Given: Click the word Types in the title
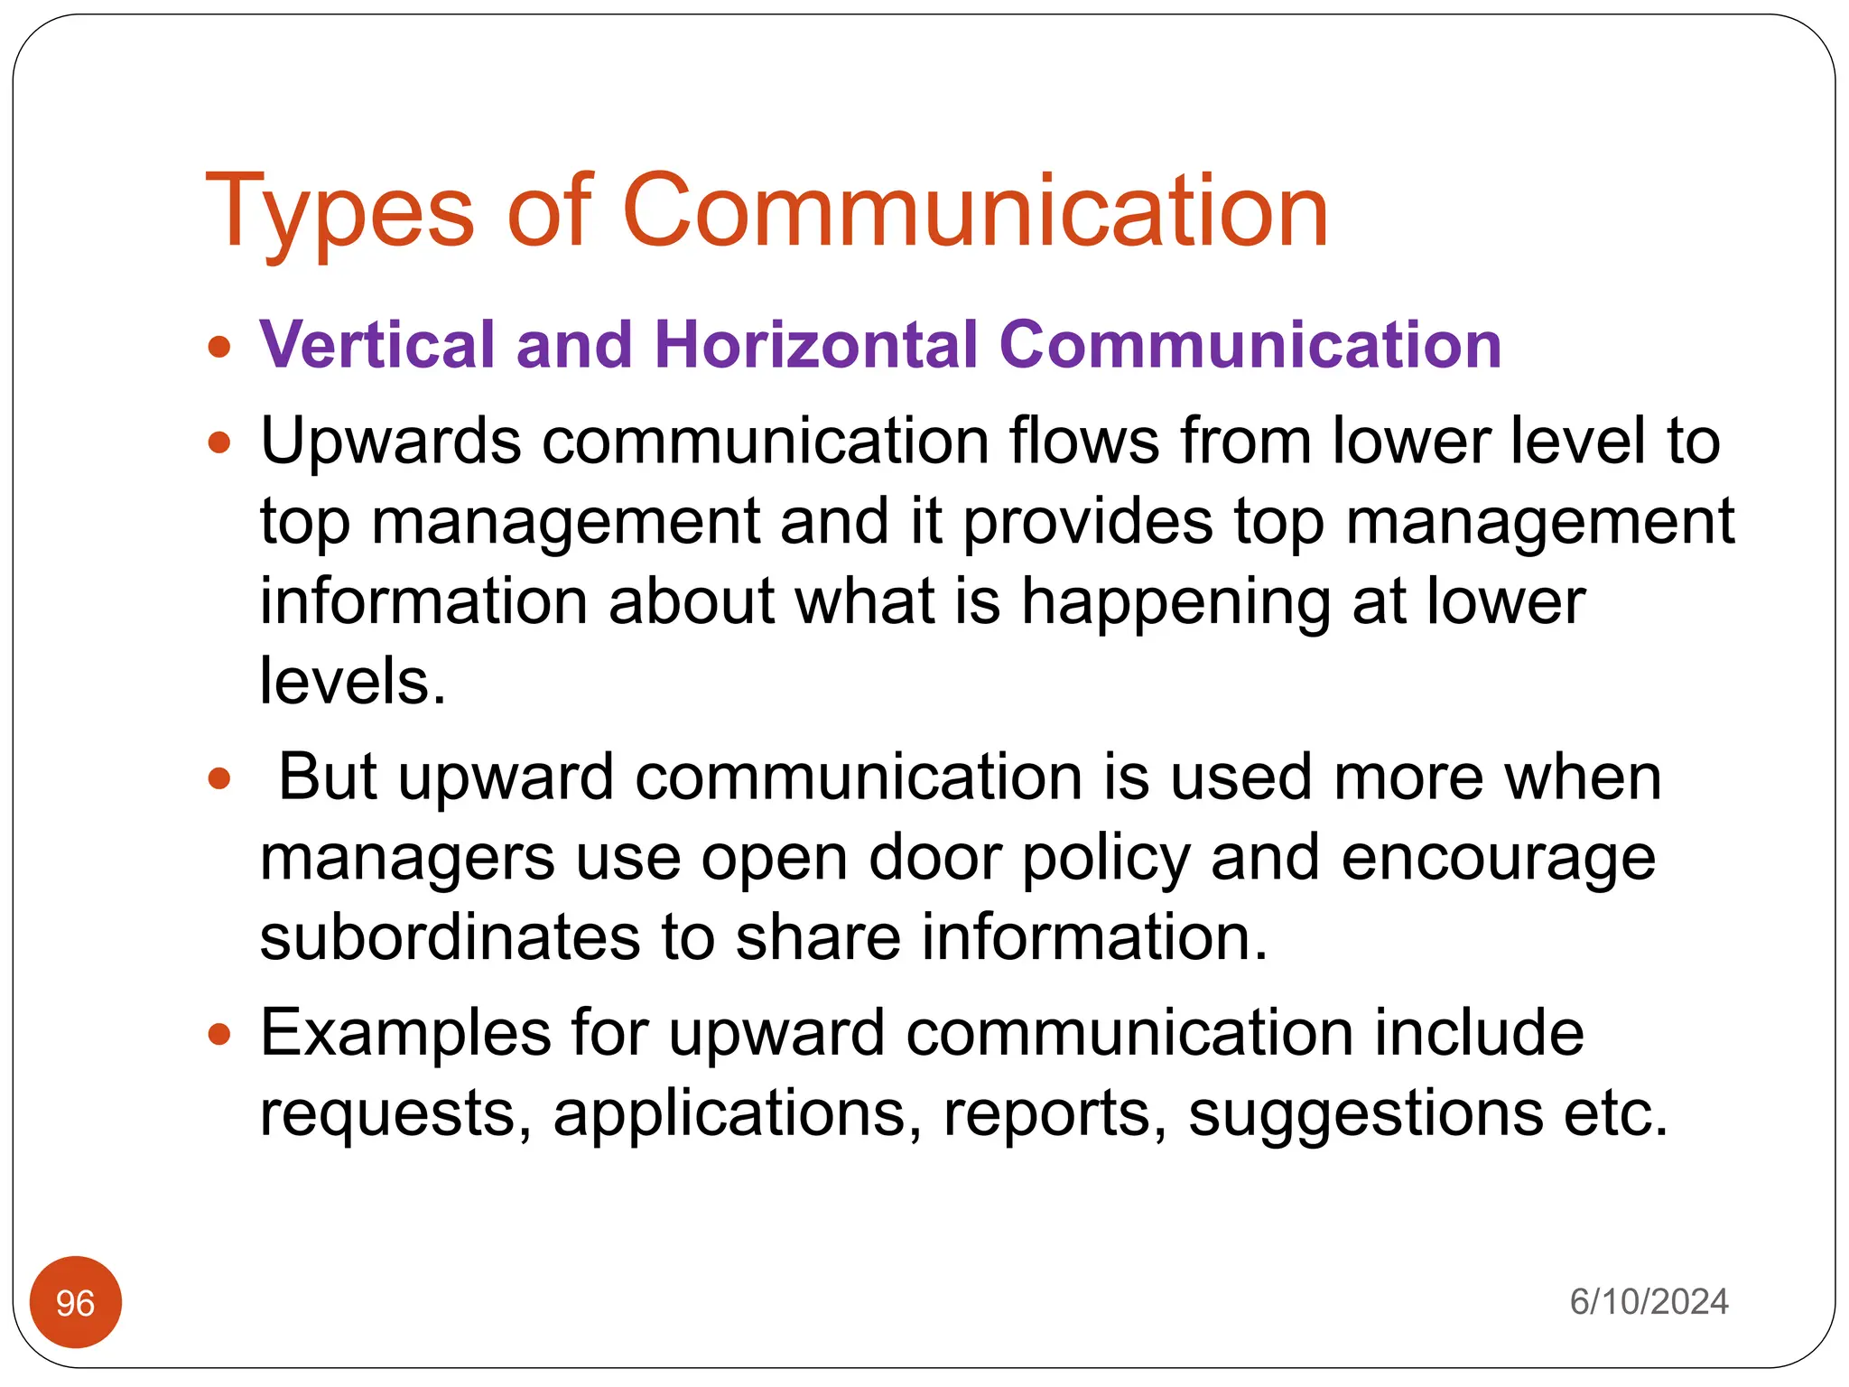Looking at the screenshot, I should coord(339,212).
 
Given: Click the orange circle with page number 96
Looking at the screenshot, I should coord(76,1302).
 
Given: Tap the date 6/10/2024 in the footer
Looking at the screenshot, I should coord(1649,1302).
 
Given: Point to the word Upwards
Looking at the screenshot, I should coord(391,442).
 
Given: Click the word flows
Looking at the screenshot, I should coord(1083,442).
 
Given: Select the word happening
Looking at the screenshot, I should coord(1175,602).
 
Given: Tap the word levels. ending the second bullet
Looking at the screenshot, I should coord(353,682).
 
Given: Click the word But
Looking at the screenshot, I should coord(327,777).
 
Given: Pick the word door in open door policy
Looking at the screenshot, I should coord(934,858).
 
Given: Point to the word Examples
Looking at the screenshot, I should coord(405,1033).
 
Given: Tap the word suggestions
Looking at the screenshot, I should coord(1365,1114).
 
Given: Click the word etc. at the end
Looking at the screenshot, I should coord(1616,1114).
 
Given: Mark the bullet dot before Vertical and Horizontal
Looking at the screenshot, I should coord(219,346).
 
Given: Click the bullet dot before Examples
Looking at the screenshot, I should coord(219,1034).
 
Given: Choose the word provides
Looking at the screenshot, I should coord(1087,523).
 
